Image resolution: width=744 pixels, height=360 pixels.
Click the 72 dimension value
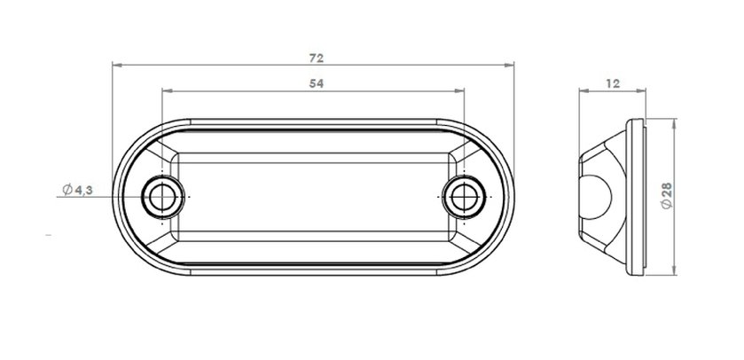tap(317, 59)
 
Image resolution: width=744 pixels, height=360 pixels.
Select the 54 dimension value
tap(317, 83)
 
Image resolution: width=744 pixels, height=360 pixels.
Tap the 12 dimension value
tap(613, 83)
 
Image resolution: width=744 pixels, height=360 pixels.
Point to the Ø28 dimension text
tap(667, 196)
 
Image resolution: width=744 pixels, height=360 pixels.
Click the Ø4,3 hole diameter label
tap(77, 191)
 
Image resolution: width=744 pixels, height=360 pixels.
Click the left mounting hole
tap(162, 197)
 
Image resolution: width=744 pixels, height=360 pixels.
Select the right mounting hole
tap(464, 197)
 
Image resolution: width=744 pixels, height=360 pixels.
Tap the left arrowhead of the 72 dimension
tap(117, 65)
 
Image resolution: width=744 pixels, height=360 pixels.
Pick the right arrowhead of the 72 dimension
tap(509, 65)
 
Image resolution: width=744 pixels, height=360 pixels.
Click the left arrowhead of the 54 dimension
tap(167, 90)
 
